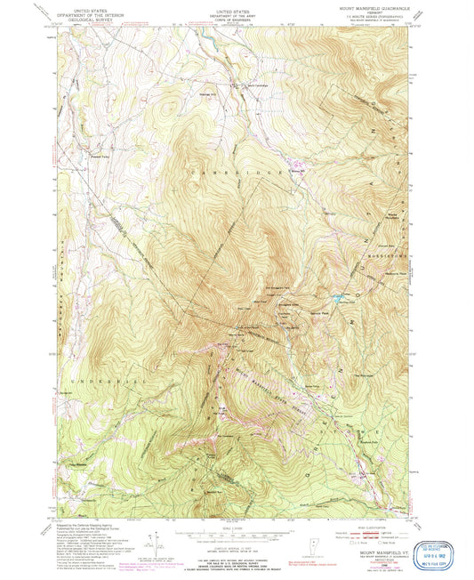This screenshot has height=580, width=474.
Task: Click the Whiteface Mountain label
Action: pos(389,214)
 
